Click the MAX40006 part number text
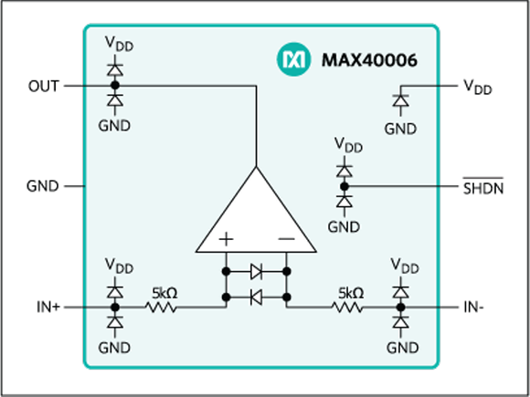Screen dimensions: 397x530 coord(370,61)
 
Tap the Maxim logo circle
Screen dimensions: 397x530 coord(294,61)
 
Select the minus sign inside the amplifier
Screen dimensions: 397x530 coord(285,239)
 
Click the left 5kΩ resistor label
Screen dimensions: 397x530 coord(165,293)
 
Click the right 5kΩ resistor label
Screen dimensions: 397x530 coord(350,293)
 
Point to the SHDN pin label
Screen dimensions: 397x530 coord(482,187)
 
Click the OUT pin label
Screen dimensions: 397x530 coord(42,86)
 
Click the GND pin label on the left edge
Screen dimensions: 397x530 coord(42,186)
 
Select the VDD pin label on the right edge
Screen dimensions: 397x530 coord(476,87)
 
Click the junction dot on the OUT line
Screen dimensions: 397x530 coord(114,86)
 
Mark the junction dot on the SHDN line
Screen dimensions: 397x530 coord(344,186)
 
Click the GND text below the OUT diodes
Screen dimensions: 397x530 coord(114,125)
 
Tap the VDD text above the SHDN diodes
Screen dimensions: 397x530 coord(347,145)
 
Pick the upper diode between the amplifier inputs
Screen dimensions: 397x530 coord(256,271)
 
